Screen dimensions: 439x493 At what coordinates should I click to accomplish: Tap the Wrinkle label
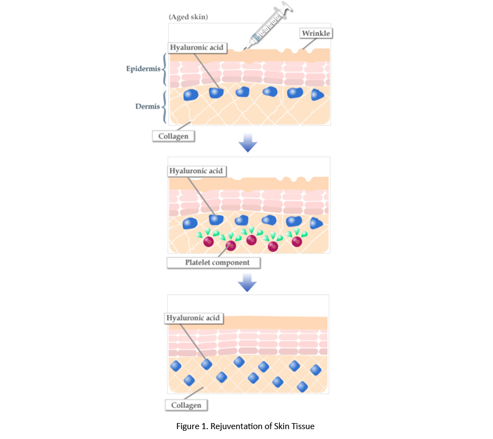(317, 33)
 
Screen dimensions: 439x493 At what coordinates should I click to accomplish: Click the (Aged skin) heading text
(188, 17)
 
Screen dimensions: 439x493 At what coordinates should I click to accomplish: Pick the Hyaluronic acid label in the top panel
(197, 48)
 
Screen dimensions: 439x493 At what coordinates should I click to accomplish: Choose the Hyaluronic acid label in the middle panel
(196, 171)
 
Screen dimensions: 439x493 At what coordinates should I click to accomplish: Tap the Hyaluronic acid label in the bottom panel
(193, 318)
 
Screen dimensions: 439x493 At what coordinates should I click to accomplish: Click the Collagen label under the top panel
(173, 136)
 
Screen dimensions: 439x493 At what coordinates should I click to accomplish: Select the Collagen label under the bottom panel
(187, 406)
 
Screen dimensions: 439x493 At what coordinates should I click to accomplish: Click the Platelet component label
(213, 262)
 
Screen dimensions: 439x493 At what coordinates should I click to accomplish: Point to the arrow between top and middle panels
(248, 143)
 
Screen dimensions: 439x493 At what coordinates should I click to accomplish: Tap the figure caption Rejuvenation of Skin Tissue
(245, 426)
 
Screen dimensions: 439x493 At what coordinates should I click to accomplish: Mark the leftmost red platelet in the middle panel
(209, 242)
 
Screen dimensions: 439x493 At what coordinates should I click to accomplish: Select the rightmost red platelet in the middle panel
(297, 241)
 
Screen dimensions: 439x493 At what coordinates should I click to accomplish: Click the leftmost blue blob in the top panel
(190, 95)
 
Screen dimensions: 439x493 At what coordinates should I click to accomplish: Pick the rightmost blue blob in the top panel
(317, 95)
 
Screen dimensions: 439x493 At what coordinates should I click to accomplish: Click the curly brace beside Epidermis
(164, 70)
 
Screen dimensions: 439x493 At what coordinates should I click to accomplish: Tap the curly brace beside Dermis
(164, 106)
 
